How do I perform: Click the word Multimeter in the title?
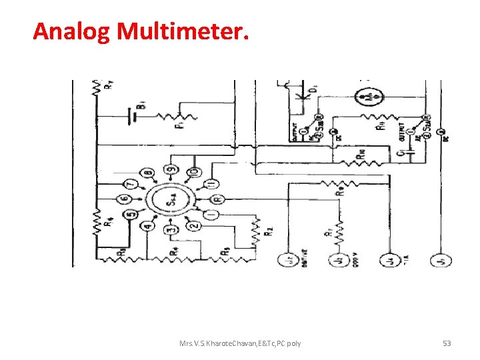183,31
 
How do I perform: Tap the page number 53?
447,343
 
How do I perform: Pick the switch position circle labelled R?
217,199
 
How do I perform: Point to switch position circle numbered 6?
124,199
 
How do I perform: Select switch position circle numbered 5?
131,214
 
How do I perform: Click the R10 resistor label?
360,154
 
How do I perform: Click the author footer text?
240,343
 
